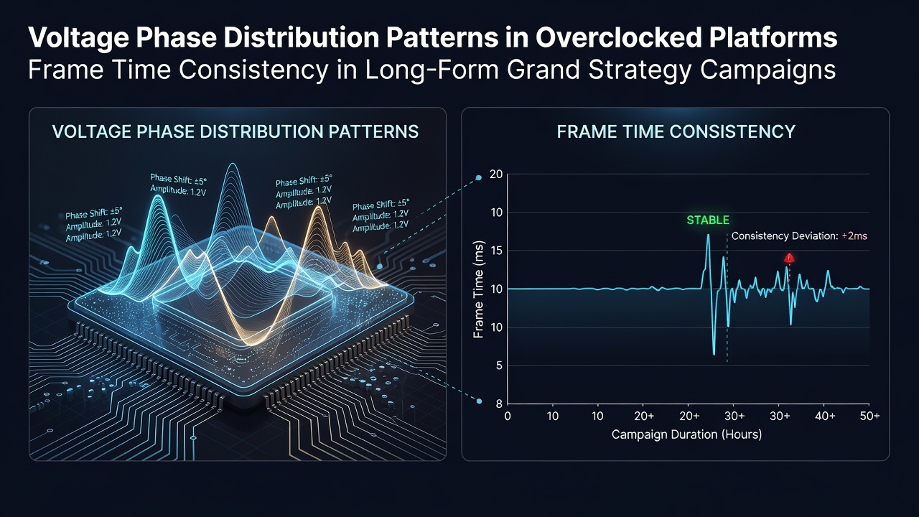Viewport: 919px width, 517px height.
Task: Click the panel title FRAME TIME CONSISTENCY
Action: coord(676,131)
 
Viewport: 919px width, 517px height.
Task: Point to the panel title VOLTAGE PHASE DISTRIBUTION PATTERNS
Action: coord(235,131)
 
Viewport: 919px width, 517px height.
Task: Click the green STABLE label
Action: coord(708,220)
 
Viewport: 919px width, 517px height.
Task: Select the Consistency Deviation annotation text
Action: coord(799,236)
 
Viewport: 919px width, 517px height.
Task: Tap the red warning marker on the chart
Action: coord(789,258)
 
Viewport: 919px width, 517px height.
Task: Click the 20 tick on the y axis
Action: coord(496,174)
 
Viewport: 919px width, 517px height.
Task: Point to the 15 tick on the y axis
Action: coord(496,251)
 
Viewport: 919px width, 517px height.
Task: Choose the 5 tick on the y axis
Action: coord(499,365)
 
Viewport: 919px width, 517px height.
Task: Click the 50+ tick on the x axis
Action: coord(869,416)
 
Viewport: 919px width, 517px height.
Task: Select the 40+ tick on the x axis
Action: coord(825,416)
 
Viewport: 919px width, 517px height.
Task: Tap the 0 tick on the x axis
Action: coord(508,416)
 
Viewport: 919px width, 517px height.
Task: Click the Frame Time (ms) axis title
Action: coord(478,289)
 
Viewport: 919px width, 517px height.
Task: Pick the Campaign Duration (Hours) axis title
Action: coord(686,434)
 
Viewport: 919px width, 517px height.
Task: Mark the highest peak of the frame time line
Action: coord(708,235)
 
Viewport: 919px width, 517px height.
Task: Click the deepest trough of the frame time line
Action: coord(714,355)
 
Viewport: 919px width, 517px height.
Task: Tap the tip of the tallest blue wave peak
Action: coord(233,164)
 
